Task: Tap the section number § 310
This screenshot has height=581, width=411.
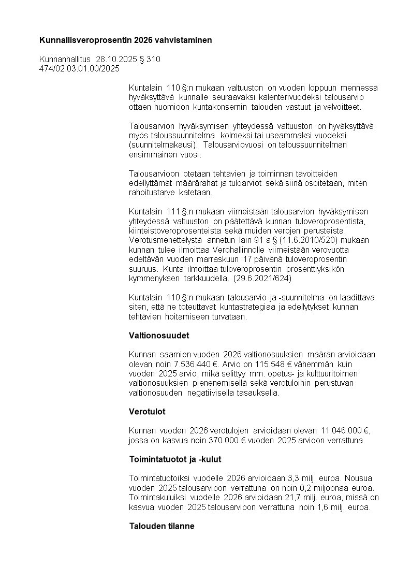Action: pos(151,60)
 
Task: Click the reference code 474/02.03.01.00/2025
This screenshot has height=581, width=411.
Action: pos(79,68)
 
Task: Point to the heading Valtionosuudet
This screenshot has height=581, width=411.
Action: pos(159,336)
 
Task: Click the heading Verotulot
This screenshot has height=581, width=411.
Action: pos(147,412)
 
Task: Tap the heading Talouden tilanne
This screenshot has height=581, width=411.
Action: pos(162,527)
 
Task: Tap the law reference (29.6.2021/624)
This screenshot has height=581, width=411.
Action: pos(262,279)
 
